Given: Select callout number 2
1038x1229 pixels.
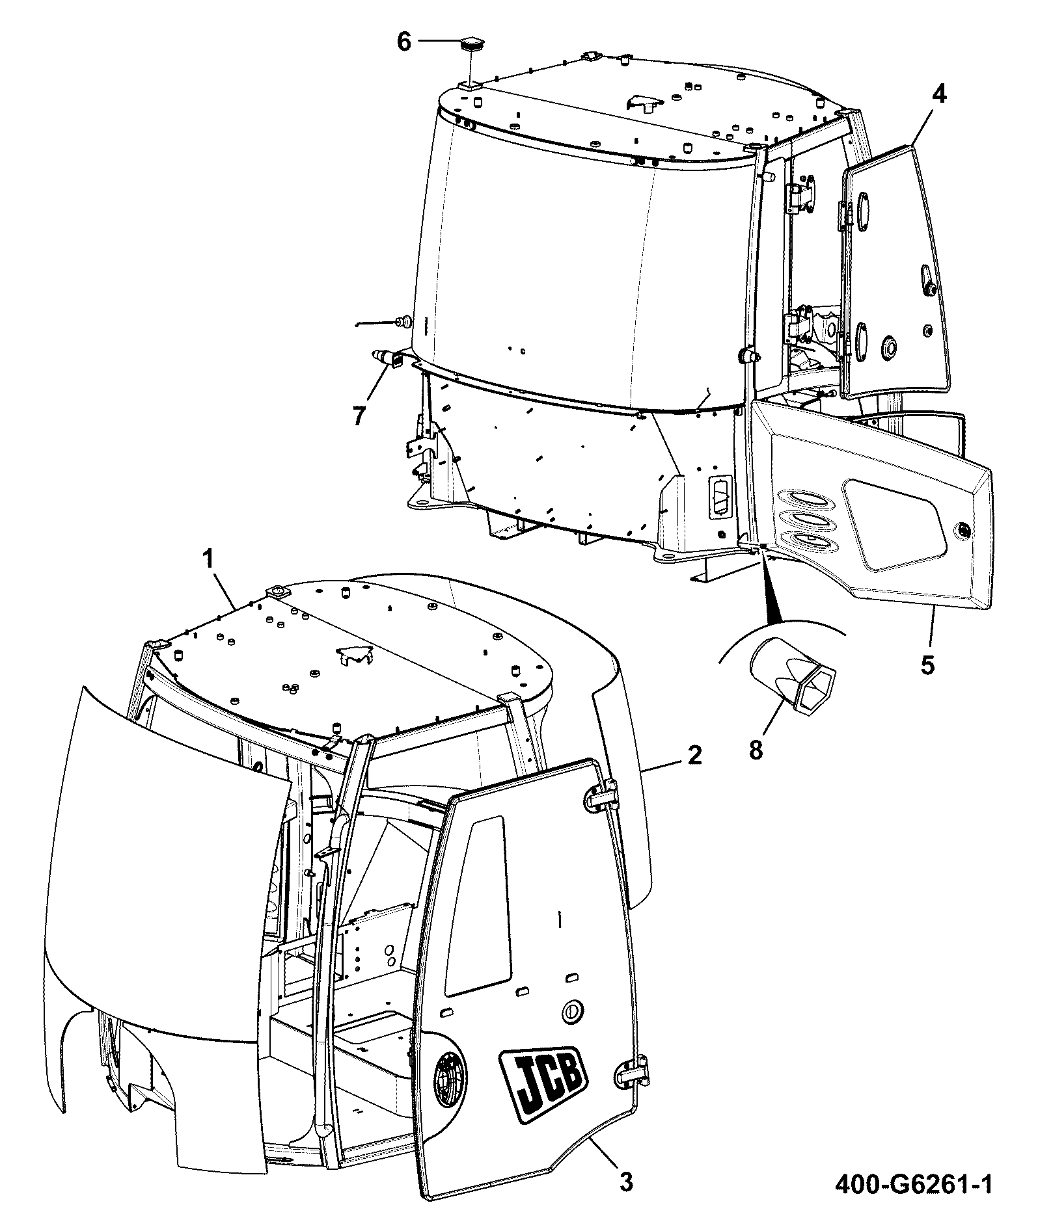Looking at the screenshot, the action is click(x=694, y=755).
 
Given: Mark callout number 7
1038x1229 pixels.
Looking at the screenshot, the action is click(x=359, y=415).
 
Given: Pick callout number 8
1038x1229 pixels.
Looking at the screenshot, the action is click(x=755, y=750).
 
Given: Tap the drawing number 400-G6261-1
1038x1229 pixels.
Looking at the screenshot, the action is click(x=914, y=1202).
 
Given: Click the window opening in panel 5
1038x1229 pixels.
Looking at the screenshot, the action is click(x=892, y=523).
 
